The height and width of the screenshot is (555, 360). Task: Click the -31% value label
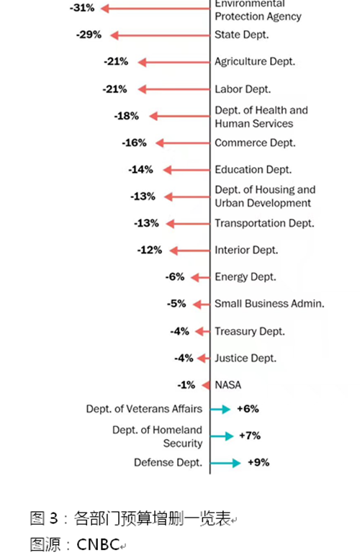82,8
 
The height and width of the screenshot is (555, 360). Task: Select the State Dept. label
242,35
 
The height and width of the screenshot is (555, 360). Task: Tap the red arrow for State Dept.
160,35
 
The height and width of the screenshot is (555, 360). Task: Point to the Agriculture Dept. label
255,62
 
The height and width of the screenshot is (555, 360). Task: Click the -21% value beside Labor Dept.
114,89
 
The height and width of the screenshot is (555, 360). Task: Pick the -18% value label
127,116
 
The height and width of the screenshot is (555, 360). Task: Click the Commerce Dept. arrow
183,143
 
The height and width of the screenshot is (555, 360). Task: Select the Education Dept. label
253,170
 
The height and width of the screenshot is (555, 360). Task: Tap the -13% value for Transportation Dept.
146,223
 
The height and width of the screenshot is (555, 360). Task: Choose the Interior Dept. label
246,250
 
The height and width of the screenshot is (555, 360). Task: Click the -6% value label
175,276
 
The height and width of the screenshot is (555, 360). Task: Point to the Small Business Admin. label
269,304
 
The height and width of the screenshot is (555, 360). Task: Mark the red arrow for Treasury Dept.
202,331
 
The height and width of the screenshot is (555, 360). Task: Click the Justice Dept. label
246,358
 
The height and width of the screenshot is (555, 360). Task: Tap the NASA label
228,385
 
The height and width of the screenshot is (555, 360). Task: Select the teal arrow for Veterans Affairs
220,410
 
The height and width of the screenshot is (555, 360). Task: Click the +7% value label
250,436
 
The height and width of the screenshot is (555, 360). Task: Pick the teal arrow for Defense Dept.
225,463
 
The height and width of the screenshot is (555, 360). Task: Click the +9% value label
258,462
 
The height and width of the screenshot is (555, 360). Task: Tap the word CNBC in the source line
98,544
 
